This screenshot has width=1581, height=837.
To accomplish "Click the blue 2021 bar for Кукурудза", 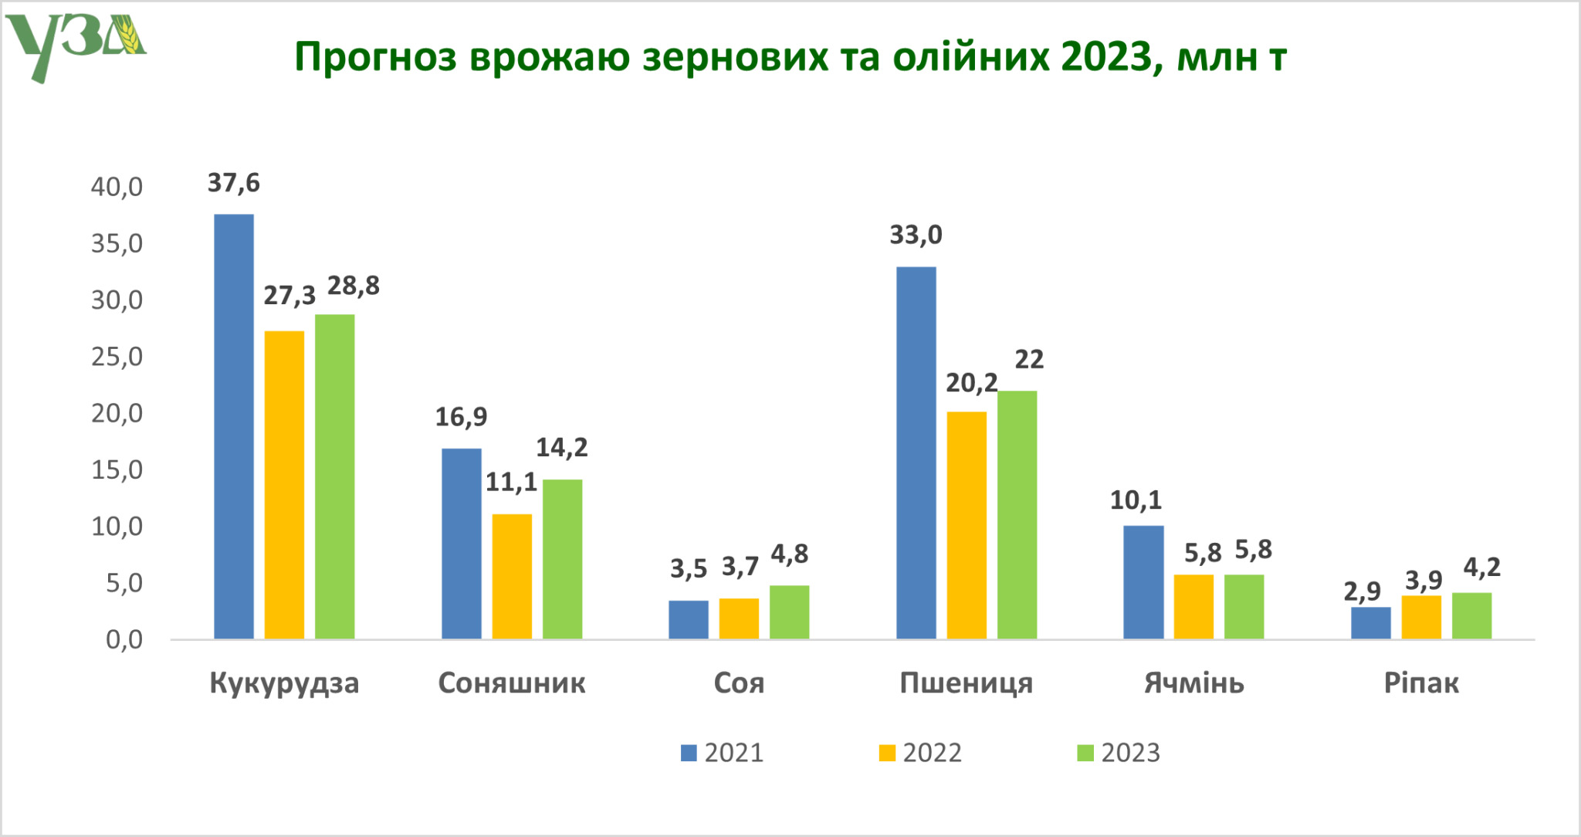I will pyautogui.click(x=233, y=426).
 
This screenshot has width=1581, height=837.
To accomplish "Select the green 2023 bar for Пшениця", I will pyautogui.click(x=1017, y=514).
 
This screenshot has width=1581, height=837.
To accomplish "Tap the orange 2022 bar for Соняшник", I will pyautogui.click(x=512, y=576).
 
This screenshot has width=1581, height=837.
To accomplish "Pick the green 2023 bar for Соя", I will pyautogui.click(x=789, y=612).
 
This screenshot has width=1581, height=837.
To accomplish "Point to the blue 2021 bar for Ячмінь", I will pyautogui.click(x=1143, y=582).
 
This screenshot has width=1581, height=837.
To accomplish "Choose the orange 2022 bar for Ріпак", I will pyautogui.click(x=1420, y=617).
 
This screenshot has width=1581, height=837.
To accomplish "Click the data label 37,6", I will pyautogui.click(x=233, y=183).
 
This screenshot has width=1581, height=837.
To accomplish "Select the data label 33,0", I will pyautogui.click(x=916, y=235).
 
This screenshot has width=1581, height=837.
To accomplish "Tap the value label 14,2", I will pyautogui.click(x=561, y=447).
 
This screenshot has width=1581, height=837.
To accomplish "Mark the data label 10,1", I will pyautogui.click(x=1135, y=500).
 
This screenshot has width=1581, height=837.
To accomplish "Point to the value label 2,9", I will pyautogui.click(x=1362, y=591).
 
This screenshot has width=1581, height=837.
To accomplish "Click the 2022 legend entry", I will pyautogui.click(x=921, y=753).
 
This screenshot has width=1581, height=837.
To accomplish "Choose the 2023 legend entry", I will pyautogui.click(x=1119, y=753).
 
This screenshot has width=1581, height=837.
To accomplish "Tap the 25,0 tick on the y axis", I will pyautogui.click(x=117, y=357).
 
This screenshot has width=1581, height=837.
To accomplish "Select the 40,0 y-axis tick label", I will pyautogui.click(x=117, y=187).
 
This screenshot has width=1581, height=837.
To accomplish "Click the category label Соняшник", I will pyautogui.click(x=511, y=683).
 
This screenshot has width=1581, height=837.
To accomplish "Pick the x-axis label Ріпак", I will pyautogui.click(x=1420, y=683).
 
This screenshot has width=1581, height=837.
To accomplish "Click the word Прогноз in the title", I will pyautogui.click(x=375, y=57).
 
